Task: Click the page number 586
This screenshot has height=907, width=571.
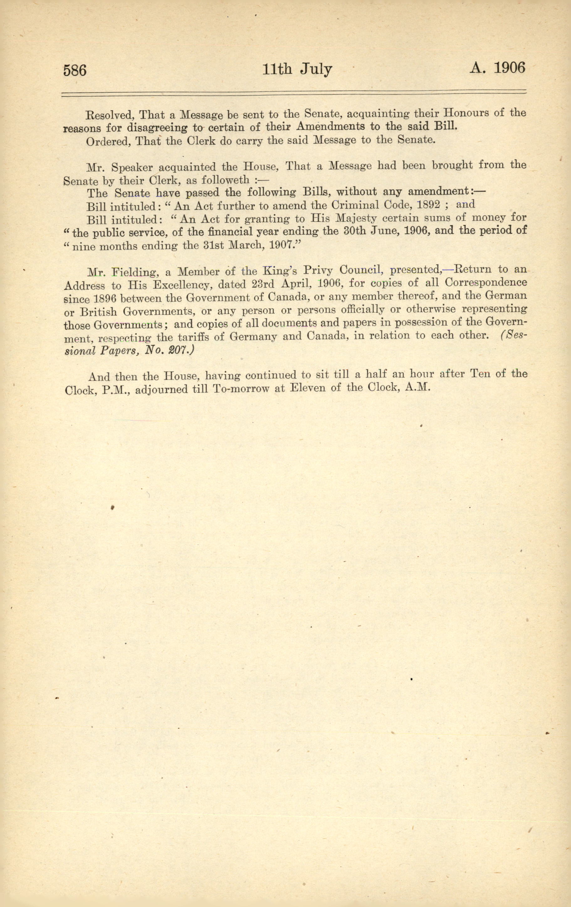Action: tap(75, 70)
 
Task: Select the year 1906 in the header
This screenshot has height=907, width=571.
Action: tap(509, 68)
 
